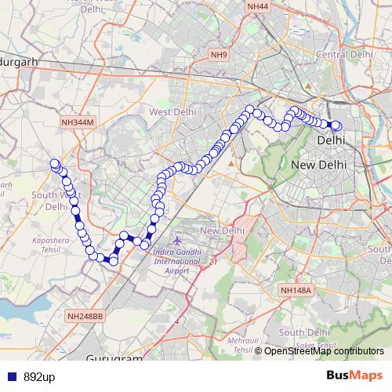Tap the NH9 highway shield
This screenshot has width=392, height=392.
click(218, 54)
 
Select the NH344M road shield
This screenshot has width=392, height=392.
click(77, 123)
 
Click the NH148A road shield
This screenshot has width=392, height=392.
click(296, 290)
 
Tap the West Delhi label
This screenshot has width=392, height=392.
click(171, 112)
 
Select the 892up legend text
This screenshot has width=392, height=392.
click(38, 377)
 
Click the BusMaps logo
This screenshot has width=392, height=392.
click(354, 376)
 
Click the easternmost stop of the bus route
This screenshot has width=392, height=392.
click(337, 126)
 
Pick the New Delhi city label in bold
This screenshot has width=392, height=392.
click(318, 165)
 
